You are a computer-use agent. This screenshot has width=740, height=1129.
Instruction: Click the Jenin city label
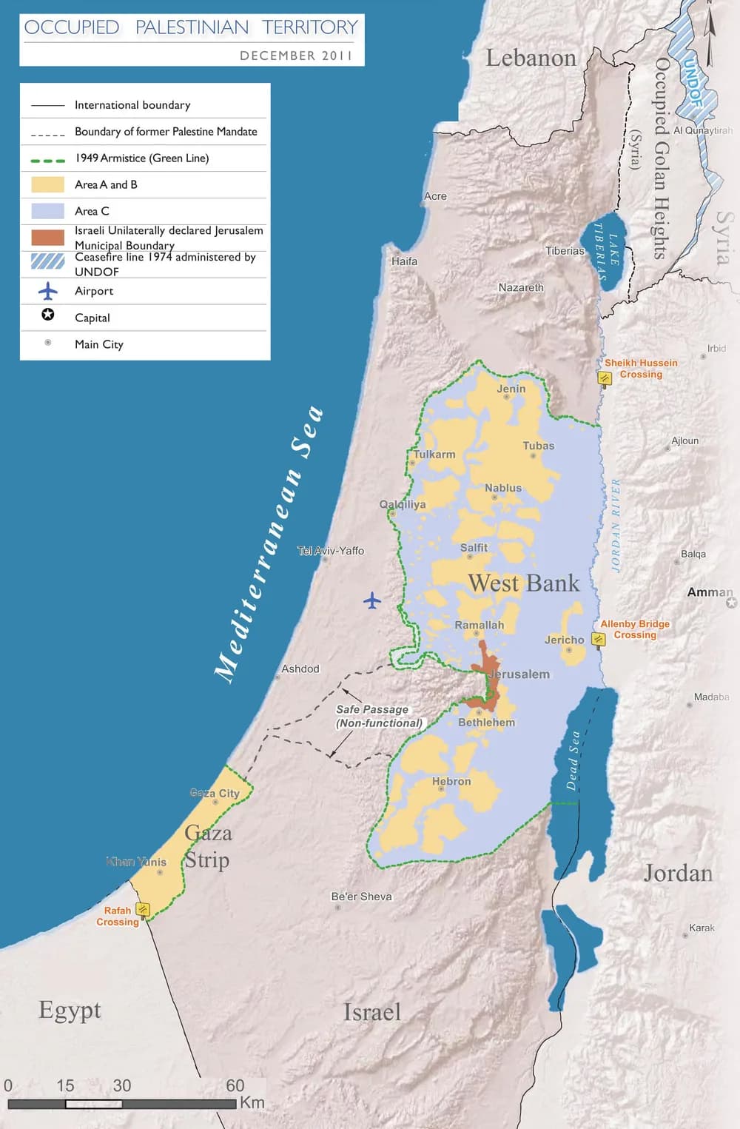tap(511, 389)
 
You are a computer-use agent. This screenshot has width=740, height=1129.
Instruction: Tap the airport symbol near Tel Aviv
tap(372, 600)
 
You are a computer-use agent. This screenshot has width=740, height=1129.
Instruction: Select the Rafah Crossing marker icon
tap(144, 909)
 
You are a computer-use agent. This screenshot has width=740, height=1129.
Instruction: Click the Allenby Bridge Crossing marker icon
tap(599, 639)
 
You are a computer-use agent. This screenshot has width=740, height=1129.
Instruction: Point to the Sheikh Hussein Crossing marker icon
tap(605, 378)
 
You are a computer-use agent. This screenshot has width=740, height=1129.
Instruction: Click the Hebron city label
tap(451, 781)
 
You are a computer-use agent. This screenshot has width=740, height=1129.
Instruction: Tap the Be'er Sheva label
tap(361, 897)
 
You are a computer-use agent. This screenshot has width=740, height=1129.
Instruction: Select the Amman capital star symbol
tap(732, 603)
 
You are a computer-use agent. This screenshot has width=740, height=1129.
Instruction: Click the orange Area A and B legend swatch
tap(47, 184)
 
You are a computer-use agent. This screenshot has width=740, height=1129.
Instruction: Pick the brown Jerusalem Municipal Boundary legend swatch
tap(47, 238)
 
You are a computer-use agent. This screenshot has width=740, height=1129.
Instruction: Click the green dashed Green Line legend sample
tap(47, 159)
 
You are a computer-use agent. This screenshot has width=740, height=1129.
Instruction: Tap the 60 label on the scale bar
tap(235, 1085)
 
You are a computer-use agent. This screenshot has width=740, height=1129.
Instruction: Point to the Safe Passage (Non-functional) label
tap(378, 716)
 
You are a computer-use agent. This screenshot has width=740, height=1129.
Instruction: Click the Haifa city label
tap(405, 261)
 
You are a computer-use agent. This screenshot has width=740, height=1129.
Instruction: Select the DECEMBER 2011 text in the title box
tap(296, 56)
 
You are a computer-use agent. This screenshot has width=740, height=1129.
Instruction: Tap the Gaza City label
tap(215, 793)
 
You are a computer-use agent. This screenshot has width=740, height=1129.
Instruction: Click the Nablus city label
tap(503, 488)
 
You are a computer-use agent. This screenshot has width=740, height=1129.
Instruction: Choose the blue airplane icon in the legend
tap(48, 291)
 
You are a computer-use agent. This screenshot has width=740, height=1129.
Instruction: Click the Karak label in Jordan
tap(702, 928)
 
